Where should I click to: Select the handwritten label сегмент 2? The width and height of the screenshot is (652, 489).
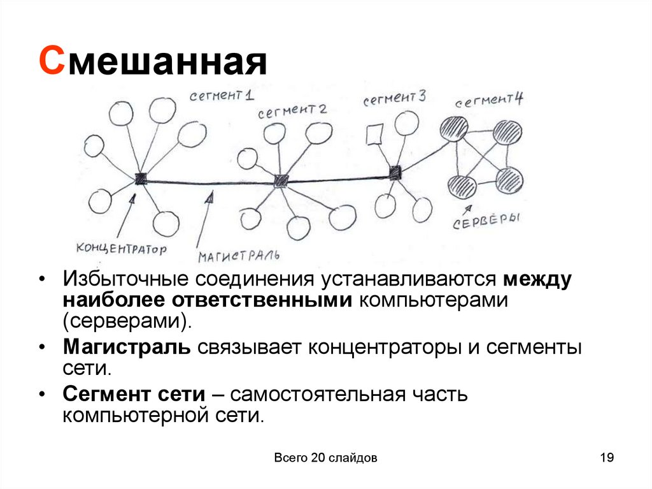pos(292,111)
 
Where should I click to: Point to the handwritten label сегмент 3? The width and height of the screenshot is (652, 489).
pos(395,99)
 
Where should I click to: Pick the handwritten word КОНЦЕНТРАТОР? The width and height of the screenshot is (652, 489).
pos(120,247)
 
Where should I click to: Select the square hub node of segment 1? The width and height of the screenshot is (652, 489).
pos(141,179)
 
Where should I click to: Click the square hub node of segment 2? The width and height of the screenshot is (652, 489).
pos(280,180)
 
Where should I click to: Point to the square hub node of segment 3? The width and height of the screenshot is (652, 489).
pos(395,172)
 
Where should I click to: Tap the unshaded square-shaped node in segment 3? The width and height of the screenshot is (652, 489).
pos(374,135)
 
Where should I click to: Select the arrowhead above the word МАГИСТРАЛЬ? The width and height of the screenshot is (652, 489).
pos(208,198)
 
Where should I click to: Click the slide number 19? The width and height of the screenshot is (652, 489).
pos(606,458)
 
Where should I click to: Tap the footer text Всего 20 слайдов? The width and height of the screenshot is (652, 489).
pos(326,458)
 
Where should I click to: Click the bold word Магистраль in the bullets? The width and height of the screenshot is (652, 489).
pos(126,347)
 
